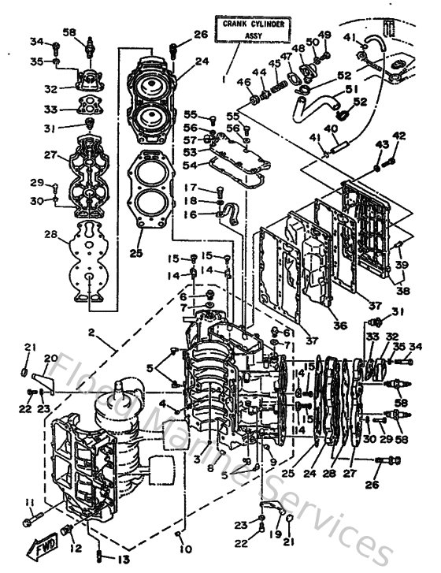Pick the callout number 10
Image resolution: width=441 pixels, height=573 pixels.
tap(185, 547)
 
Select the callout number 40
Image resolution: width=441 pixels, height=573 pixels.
tap(332, 128)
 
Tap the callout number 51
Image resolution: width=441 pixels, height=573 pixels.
tap(350, 90)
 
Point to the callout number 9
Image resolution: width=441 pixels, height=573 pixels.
tap(273, 462)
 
